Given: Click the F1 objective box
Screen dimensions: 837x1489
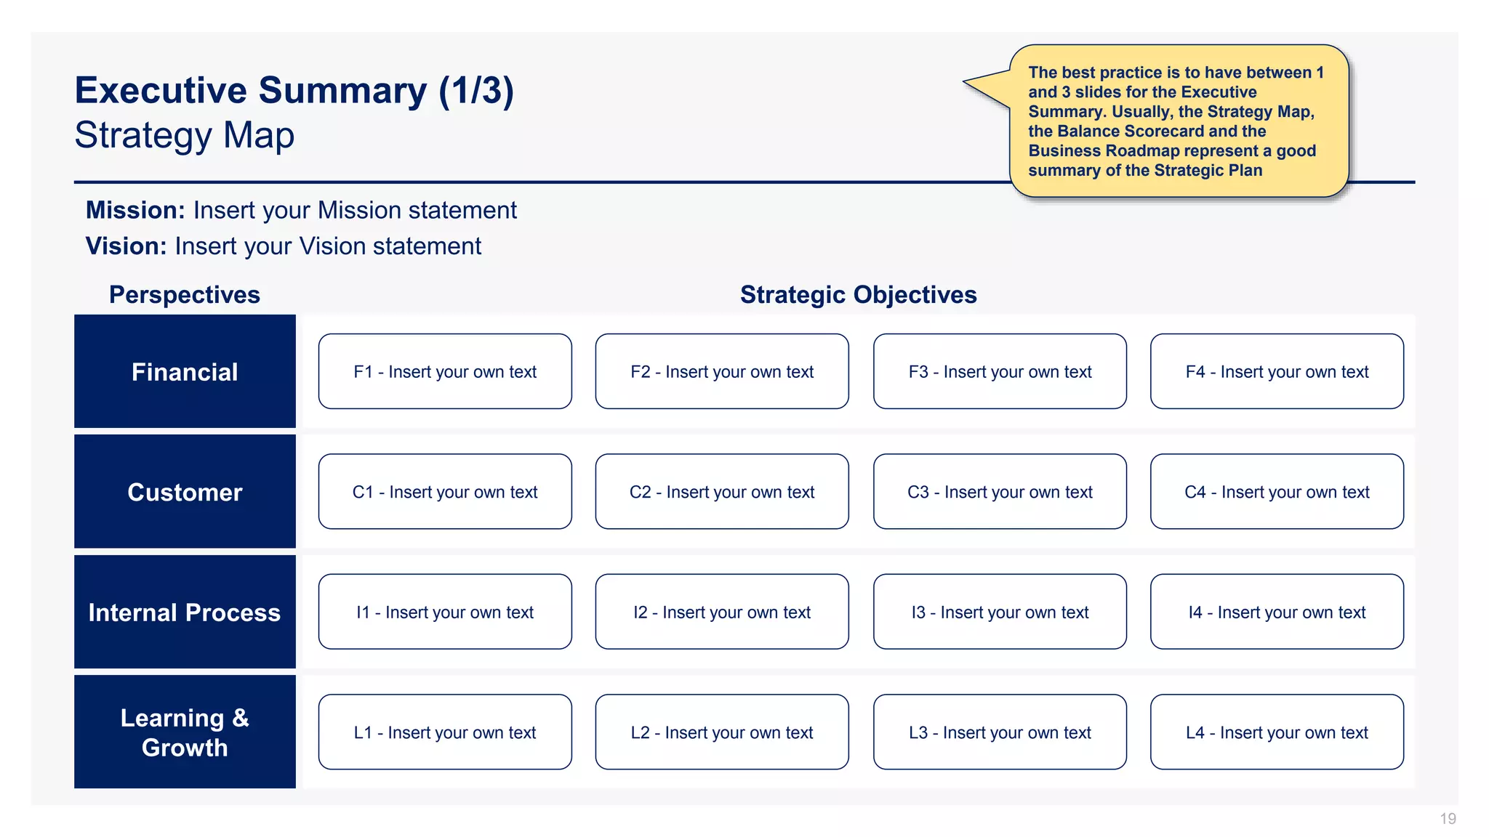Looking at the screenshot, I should click(x=445, y=371).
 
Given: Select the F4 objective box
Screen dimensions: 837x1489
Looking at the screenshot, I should click(x=1277, y=371).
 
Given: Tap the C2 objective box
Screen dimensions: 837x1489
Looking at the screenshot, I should click(x=722, y=492).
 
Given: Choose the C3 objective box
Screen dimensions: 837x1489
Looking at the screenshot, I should click(x=1000, y=492).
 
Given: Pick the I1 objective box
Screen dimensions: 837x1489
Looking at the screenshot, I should click(x=445, y=612).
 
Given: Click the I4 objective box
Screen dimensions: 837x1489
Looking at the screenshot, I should click(x=1277, y=612).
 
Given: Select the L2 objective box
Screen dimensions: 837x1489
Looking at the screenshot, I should click(x=722, y=732).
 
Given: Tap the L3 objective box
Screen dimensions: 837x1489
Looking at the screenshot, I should click(x=1000, y=732).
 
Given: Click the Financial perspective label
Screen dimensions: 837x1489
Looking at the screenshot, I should click(x=185, y=372).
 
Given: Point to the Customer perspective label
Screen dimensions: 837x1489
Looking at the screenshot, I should click(x=185, y=492).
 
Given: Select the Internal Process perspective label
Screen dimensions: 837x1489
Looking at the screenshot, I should click(x=185, y=612).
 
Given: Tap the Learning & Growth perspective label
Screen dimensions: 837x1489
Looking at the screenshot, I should click(x=185, y=732).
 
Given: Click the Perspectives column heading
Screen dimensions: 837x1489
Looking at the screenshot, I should click(x=185, y=294).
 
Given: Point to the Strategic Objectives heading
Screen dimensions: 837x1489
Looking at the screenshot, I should click(x=858, y=294).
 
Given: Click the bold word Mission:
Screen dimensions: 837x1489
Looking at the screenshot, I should click(x=135, y=210).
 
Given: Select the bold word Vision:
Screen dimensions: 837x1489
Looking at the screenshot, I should click(x=127, y=246).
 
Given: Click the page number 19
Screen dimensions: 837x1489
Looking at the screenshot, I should click(x=1448, y=819).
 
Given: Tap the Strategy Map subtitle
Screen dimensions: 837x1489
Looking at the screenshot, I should click(x=185, y=135).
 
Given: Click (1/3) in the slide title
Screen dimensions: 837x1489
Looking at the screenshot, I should click(x=476, y=91).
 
